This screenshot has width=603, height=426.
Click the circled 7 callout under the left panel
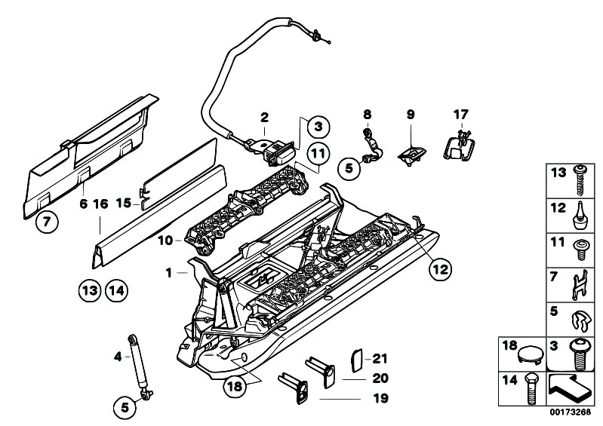coord(47,222)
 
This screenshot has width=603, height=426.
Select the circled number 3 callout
coord(318,127)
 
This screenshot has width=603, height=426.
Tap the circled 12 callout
coord(440,269)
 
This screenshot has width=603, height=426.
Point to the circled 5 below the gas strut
coord(125,408)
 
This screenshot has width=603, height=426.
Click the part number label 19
coord(380,398)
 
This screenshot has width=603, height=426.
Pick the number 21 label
coord(380,359)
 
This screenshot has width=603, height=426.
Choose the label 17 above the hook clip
coord(461,115)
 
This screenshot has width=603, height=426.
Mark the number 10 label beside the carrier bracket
coord(165,241)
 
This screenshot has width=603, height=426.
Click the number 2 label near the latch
coord(264,118)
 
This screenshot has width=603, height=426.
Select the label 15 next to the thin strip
coord(124,203)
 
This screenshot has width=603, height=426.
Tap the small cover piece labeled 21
coord(357,360)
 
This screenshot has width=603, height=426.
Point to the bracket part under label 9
coord(411,155)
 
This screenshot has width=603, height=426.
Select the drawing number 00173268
coord(570,412)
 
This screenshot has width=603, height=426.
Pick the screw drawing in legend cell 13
coord(578,180)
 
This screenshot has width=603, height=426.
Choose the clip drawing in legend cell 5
coord(580,320)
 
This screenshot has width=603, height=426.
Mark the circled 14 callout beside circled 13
coord(116,290)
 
